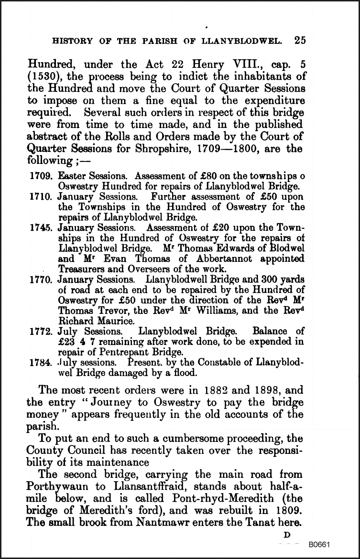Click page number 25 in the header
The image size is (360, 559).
click(x=300, y=40)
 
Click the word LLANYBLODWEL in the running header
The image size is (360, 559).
click(x=240, y=41)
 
